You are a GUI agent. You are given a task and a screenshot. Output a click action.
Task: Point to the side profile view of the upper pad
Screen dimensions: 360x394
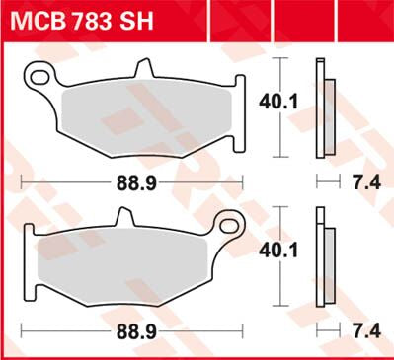322,108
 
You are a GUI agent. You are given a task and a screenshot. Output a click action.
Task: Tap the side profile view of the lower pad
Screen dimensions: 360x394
322,258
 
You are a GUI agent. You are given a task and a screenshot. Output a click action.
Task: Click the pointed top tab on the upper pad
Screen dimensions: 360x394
145,70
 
